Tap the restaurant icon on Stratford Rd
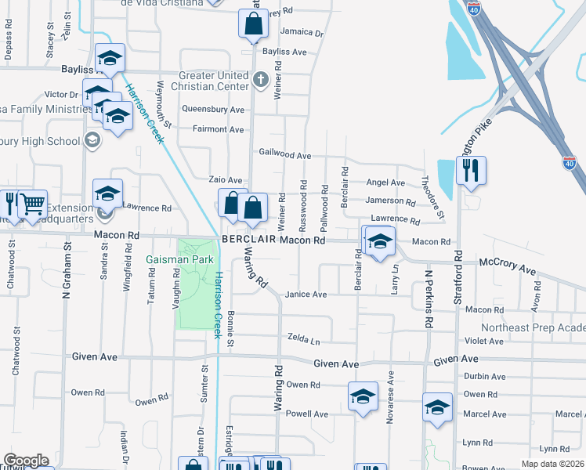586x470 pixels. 471,171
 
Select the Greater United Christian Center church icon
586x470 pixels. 262,79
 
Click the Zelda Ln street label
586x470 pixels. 304,342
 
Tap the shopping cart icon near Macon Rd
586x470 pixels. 32,204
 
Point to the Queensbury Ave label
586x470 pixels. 213,110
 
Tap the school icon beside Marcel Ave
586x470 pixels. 437,407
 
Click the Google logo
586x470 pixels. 26,461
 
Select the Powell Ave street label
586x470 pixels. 306,414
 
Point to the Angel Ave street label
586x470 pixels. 385,183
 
